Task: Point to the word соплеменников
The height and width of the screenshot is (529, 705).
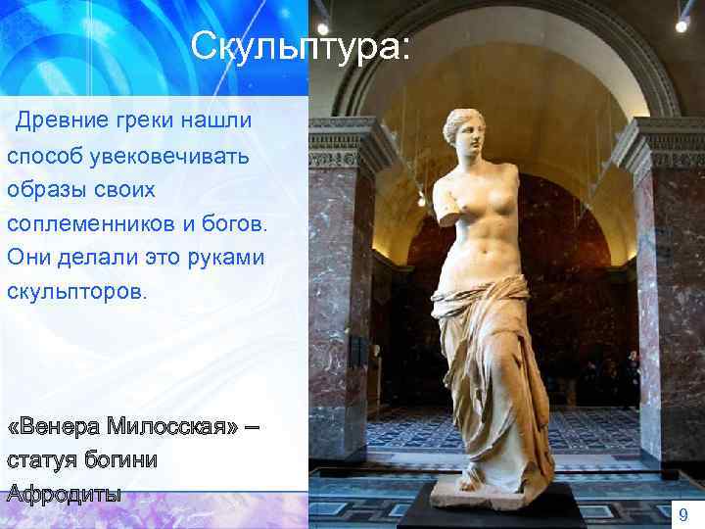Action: coord(91,224)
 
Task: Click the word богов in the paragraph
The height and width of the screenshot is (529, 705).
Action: coord(233,224)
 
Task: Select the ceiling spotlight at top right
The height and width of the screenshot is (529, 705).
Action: coord(681,24)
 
